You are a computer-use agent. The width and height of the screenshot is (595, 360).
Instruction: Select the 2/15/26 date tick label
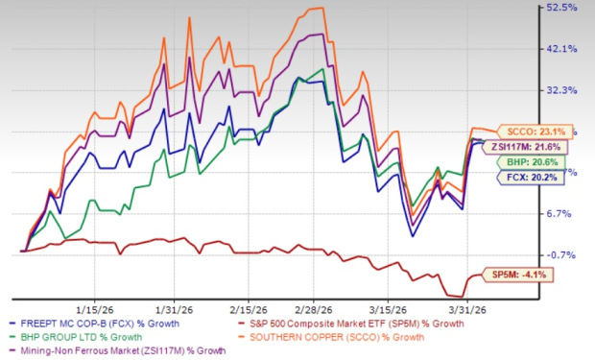click(251, 311)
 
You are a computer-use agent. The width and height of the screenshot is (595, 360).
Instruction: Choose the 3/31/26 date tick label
click(475, 311)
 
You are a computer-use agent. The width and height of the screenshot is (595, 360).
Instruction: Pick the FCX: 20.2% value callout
click(532, 178)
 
